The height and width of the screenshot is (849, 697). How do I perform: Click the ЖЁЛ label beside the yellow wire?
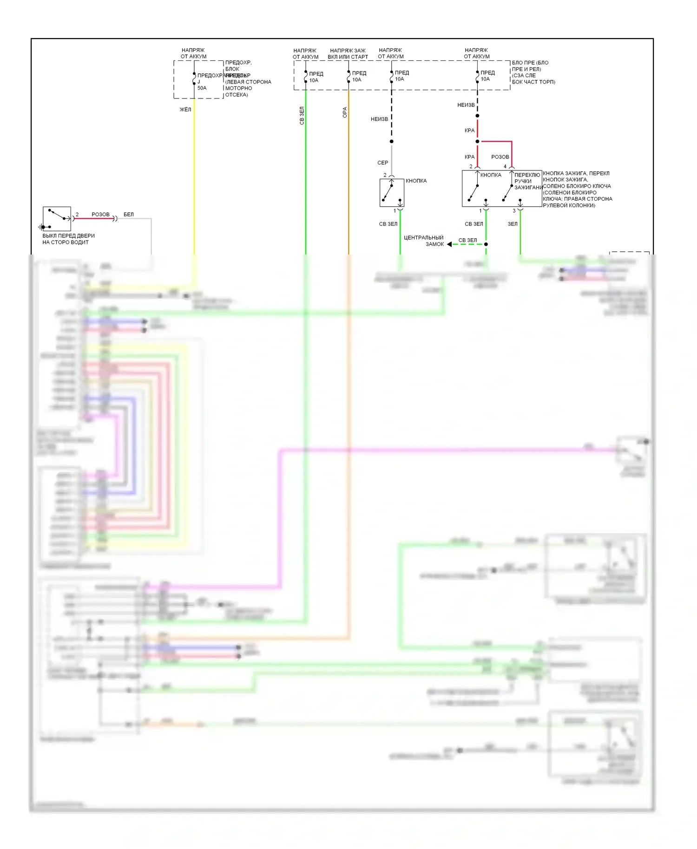pyautogui.click(x=185, y=110)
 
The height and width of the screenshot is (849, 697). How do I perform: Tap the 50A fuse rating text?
pyautogui.click(x=202, y=88)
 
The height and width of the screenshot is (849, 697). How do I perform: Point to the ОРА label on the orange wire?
pyautogui.click(x=345, y=112)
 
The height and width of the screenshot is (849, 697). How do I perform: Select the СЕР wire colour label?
pyautogui.click(x=382, y=163)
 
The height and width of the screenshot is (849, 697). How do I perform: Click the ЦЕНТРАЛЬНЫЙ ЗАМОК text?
pyautogui.click(x=423, y=241)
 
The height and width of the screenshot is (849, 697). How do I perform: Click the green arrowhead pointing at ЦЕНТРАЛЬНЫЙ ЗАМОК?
pyautogui.click(x=449, y=244)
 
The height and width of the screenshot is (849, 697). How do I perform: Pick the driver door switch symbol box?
pyautogui.click(x=57, y=219)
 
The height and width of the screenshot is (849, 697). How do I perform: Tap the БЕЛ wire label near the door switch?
pyautogui.click(x=129, y=215)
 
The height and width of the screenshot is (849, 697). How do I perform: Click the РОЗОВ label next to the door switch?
pyautogui.click(x=100, y=215)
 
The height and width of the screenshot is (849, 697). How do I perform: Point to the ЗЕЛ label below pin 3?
pyautogui.click(x=513, y=224)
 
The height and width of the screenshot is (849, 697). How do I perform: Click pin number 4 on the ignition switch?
pyautogui.click(x=505, y=166)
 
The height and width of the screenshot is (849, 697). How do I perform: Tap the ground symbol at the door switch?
pyautogui.click(x=41, y=227)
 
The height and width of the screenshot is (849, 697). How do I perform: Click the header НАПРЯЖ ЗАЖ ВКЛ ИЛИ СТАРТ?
pyautogui.click(x=348, y=53)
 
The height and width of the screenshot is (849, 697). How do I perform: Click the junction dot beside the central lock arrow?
pyautogui.click(x=486, y=244)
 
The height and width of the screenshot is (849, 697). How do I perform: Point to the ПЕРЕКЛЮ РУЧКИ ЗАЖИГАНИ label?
pyautogui.click(x=527, y=181)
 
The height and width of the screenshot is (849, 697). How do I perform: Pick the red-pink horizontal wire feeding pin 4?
pyautogui.click(x=496, y=141)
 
